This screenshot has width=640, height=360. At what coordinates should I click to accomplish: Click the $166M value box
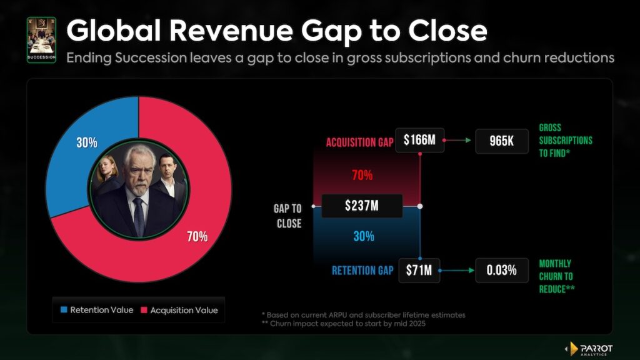pyautogui.click(x=419, y=141)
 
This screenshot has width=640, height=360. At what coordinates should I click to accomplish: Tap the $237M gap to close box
pyautogui.click(x=362, y=206)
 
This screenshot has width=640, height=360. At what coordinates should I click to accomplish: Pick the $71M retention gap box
pyautogui.click(x=419, y=271)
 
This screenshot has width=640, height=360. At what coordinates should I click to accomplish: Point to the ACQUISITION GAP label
pyautogui.click(x=359, y=142)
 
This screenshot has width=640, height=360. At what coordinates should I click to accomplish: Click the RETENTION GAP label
pyautogui.click(x=363, y=271)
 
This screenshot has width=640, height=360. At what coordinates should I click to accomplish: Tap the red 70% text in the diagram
pyautogui.click(x=362, y=176)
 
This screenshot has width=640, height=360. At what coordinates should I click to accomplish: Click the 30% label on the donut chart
pyautogui.click(x=87, y=142)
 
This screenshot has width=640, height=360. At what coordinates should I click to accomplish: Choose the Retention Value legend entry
pyautogui.click(x=96, y=310)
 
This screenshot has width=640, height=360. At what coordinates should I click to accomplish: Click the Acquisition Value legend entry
pyautogui.click(x=181, y=310)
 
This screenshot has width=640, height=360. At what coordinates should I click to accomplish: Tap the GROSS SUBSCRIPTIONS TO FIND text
pyautogui.click(x=565, y=141)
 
